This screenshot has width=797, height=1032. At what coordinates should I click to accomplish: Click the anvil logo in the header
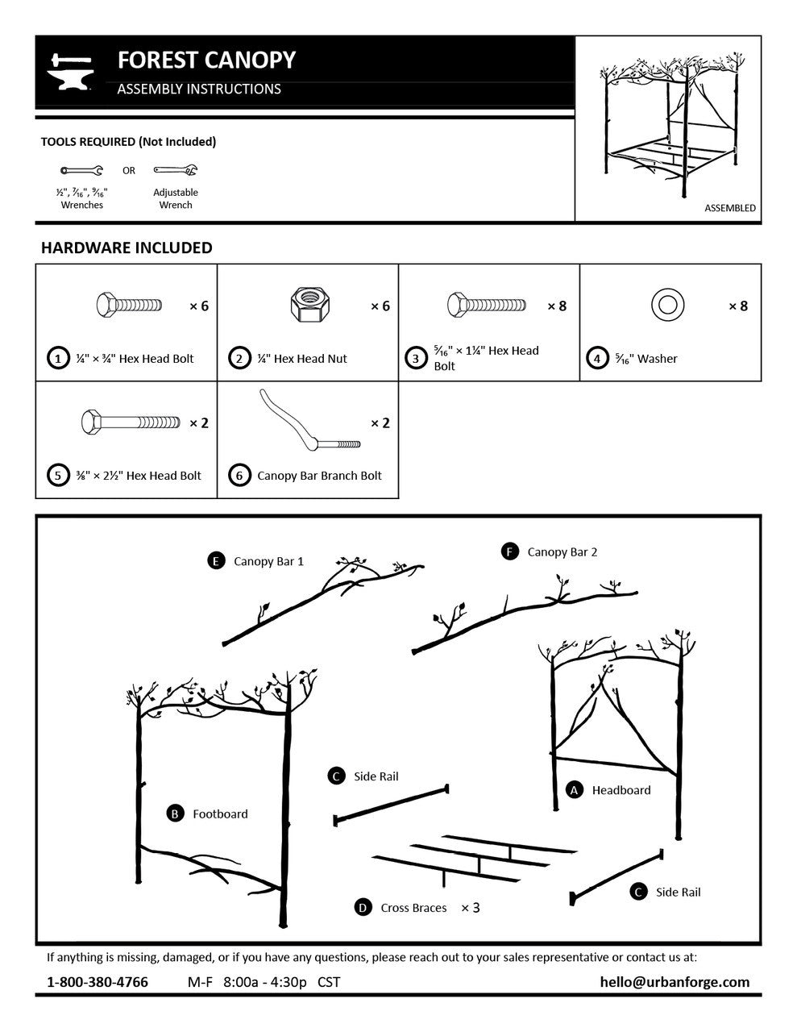[72, 72]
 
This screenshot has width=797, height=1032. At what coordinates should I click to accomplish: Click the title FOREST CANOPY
[206, 60]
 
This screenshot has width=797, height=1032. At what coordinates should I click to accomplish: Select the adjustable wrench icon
[176, 170]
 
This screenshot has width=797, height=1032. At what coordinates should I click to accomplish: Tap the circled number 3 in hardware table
[416, 358]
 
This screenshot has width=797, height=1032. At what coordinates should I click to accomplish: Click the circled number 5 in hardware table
[58, 475]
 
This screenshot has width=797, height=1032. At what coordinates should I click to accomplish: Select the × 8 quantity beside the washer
[737, 306]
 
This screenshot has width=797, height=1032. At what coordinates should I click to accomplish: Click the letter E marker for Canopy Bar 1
[216, 561]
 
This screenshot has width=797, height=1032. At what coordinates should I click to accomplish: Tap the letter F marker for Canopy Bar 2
[509, 551]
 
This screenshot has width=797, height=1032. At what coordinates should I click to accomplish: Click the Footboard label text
[220, 814]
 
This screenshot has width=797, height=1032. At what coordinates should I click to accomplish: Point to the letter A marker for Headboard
[575, 790]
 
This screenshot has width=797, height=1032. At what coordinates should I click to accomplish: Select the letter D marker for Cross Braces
[363, 908]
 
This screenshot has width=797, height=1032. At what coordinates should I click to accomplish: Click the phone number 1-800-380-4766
[98, 982]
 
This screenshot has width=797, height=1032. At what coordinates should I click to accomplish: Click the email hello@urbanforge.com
[675, 982]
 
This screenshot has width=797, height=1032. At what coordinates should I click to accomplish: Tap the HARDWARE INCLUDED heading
[127, 248]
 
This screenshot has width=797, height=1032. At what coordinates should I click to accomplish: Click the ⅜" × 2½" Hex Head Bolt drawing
[131, 422]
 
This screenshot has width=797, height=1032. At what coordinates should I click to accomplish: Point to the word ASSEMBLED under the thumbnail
[730, 208]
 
